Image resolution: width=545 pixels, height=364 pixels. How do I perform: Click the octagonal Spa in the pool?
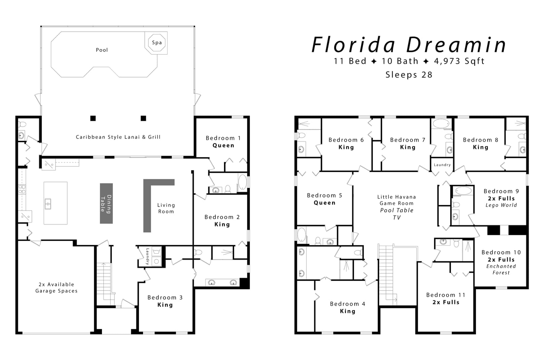point(157,42)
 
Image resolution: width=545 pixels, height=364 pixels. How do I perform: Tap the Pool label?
point(102,50)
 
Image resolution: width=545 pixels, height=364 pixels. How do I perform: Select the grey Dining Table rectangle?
point(106,203)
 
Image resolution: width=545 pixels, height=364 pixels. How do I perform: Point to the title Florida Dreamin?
point(408,45)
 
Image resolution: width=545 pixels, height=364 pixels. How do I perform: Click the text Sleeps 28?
point(409,75)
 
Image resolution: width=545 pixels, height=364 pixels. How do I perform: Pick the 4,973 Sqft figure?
point(459,61)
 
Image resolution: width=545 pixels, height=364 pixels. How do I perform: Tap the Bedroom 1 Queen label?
point(223,142)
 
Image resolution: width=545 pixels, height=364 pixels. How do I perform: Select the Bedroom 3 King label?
point(165,301)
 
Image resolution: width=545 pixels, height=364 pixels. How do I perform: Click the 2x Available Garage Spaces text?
point(57,287)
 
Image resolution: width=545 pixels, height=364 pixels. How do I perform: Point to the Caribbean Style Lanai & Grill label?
point(118,137)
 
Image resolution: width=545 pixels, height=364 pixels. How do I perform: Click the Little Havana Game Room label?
point(396,200)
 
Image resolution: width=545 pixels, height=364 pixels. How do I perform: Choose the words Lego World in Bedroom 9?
point(501,205)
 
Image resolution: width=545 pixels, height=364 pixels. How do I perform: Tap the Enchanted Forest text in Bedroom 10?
point(501,269)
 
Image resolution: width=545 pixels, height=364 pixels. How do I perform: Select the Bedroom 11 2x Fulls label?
point(446,299)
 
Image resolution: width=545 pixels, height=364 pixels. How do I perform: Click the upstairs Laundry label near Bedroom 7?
point(442,165)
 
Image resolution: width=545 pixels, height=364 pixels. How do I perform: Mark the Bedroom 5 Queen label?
point(324,199)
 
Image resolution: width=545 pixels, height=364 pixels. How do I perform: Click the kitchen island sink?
point(48,204)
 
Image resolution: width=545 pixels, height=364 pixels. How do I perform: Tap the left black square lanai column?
point(93,118)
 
